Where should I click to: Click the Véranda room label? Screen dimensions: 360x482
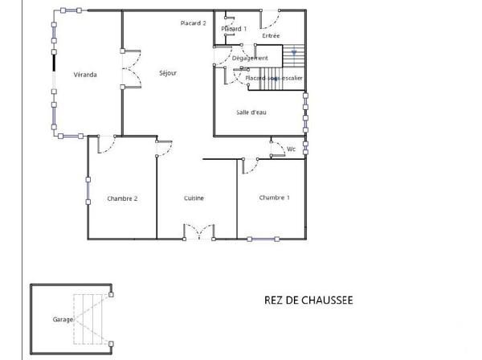click(84, 75)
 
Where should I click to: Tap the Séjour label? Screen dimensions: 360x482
click(167, 73)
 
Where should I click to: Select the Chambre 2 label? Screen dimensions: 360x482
click(122, 198)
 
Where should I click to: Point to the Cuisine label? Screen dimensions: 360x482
click(194, 198)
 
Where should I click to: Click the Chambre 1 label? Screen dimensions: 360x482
click(274, 197)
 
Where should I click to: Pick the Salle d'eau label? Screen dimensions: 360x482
click(251, 112)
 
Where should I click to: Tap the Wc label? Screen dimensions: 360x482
click(292, 149)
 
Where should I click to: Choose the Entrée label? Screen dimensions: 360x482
click(271, 36)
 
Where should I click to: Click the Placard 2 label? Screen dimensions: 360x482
click(194, 23)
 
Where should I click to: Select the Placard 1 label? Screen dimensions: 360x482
click(234, 29)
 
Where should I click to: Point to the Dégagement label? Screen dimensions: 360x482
click(249, 58)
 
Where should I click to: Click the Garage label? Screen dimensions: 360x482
click(63, 319)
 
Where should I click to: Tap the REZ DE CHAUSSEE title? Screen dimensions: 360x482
click(308, 301)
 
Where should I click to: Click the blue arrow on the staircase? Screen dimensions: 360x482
click(295, 53)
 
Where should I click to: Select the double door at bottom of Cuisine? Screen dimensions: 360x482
click(198, 233)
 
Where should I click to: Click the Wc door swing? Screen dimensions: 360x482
click(277, 149)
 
